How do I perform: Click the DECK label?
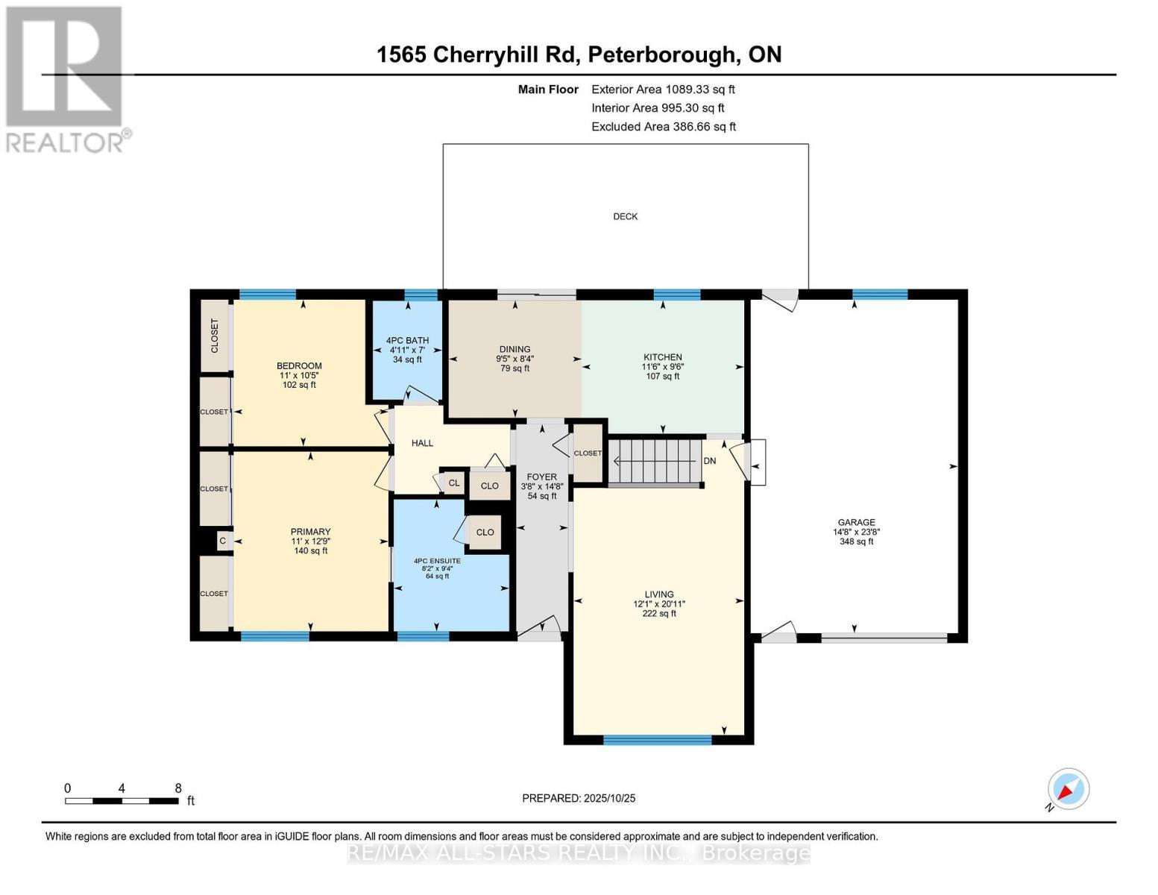coord(625,216)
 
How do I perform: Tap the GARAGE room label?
coord(855,523)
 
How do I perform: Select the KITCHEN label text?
coord(662,357)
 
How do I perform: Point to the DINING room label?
coord(515,349)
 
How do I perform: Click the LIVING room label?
coord(659,594)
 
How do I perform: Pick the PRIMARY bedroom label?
coord(310,532)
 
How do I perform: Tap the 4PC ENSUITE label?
coord(437,561)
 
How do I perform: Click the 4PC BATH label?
coord(407,341)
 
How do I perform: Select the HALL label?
coord(422,443)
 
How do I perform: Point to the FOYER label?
coord(541,477)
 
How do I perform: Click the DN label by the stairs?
coord(709,461)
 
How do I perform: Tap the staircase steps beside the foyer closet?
coord(655,462)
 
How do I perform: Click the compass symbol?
coord(1068,789)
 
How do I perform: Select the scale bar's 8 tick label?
coord(178,788)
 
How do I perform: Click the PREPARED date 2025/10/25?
coord(609,798)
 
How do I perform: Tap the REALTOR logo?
coord(66,79)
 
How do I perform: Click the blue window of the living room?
coord(657,740)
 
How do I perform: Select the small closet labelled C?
coord(222,540)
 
